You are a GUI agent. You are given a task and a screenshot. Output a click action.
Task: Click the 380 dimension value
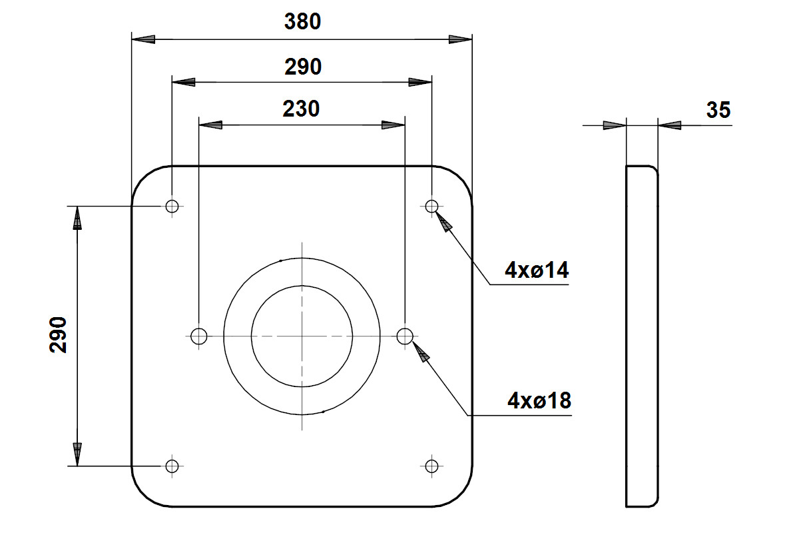pos(302,21)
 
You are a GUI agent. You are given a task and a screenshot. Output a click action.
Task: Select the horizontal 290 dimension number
pos(303,67)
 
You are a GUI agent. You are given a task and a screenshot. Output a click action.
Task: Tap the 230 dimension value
pos(301,109)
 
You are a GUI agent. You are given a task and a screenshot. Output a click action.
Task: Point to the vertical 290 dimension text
pos(58,335)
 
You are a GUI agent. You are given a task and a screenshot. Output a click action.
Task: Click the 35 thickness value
pos(718,110)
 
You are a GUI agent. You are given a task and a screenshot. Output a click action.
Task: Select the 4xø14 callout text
pos(537,270)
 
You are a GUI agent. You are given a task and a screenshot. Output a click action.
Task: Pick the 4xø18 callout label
pos(539,400)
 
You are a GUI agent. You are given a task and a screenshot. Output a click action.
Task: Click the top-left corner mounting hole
pos(172,206)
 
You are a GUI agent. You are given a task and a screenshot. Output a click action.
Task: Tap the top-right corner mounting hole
pos(431,206)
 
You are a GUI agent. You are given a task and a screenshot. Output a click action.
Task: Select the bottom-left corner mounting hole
pos(172,466)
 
